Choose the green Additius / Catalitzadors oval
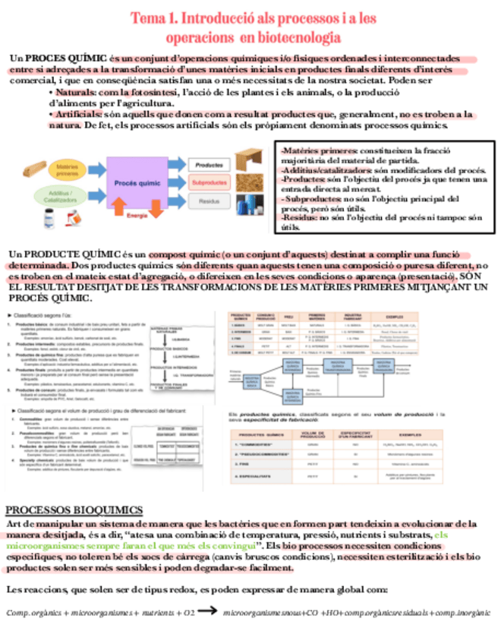click(69, 197)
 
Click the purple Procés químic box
click(137, 183)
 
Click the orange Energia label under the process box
click(137, 216)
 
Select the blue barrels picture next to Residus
click(247, 203)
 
